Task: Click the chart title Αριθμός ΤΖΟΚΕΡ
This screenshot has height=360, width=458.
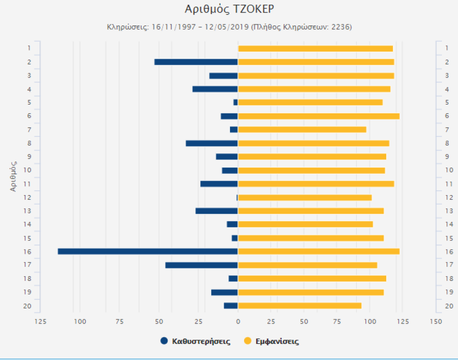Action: (229, 9)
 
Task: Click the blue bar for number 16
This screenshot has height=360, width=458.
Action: (148, 251)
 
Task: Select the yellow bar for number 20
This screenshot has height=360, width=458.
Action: (299, 305)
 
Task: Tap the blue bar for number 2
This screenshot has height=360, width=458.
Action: (196, 62)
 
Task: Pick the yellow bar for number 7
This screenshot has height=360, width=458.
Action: (302, 130)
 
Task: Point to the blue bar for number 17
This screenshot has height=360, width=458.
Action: (201, 265)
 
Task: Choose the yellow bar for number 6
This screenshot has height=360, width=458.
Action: (319, 116)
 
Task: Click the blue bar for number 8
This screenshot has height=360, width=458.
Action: (212, 143)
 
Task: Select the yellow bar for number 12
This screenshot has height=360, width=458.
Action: (304, 197)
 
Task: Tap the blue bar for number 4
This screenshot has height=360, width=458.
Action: (215, 89)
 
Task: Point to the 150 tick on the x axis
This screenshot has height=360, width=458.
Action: (436, 322)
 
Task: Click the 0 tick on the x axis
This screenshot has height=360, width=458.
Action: (238, 322)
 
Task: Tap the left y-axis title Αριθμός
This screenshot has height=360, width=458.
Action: (14, 177)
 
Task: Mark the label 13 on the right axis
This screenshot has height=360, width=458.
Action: (447, 211)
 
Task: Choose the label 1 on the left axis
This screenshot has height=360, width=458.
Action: (30, 48)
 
